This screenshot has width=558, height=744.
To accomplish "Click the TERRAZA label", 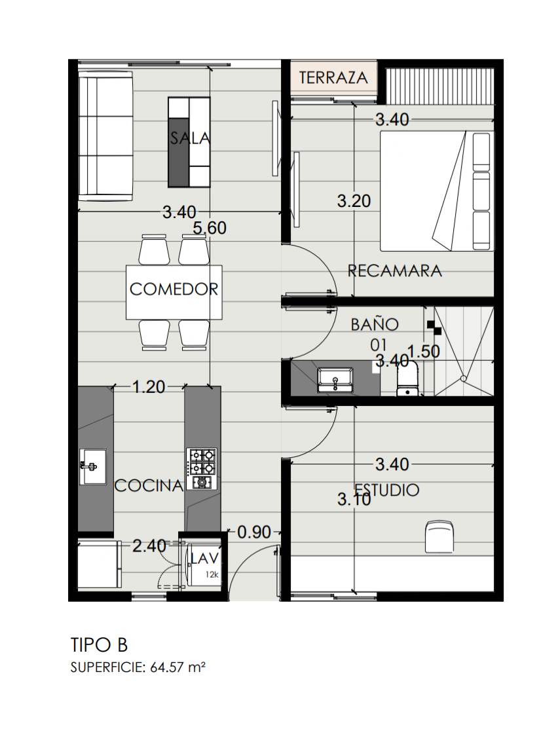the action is [333, 77].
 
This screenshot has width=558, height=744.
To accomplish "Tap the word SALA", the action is [190, 138].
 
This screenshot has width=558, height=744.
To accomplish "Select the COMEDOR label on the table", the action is [174, 289].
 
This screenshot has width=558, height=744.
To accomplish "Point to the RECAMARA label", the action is [395, 271].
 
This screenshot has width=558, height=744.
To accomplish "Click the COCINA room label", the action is [149, 485].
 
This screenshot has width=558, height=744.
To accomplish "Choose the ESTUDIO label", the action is [387, 490].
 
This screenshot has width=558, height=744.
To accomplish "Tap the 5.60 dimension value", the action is [210, 228].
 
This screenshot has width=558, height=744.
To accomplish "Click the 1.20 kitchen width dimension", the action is [149, 387].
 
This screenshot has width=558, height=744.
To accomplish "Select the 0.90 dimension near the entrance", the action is [254, 532].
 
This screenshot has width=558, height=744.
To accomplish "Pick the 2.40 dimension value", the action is [149, 546].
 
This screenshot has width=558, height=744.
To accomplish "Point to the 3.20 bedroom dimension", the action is [354, 201].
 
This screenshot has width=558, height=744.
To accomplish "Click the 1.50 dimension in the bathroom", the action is [423, 352].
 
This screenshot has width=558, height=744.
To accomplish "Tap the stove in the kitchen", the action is [202, 468].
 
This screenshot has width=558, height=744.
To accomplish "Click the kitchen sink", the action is [92, 467].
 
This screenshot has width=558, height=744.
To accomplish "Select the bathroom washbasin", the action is [335, 380].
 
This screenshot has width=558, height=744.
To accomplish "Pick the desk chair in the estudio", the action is [439, 536].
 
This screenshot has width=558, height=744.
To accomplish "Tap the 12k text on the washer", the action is [212, 574].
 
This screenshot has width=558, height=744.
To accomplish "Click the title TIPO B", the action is [99, 645].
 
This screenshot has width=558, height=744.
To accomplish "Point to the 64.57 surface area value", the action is [166, 667].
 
